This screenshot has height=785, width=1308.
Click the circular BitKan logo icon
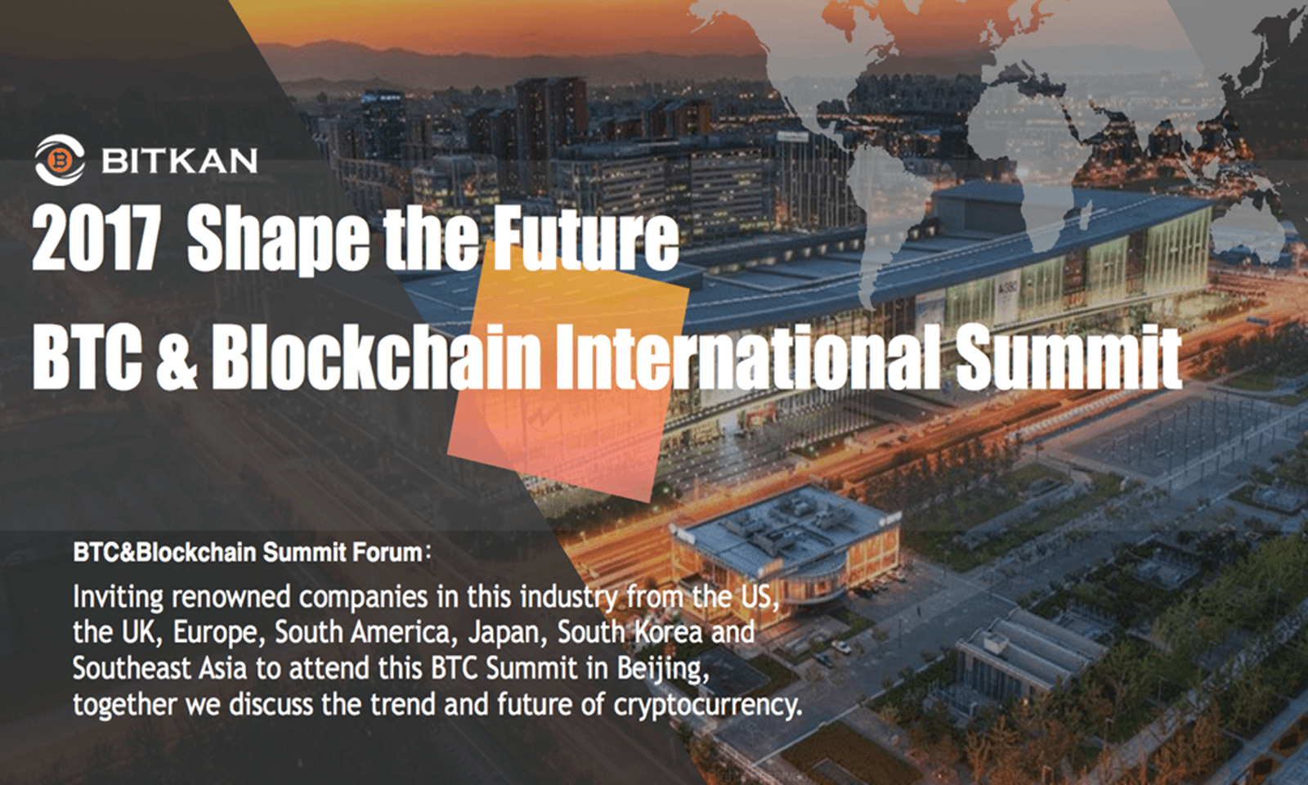[60, 160]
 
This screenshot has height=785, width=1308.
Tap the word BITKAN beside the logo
[179, 161]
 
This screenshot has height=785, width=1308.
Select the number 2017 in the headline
[95, 240]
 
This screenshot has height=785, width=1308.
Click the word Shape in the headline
[278, 240]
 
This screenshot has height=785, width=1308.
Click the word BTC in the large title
[87, 357]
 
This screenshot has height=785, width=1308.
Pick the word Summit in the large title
[1068, 357]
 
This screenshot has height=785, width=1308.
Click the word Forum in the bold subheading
[387, 553]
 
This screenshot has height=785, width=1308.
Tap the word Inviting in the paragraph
[119, 597]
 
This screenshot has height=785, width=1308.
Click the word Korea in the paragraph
[669, 632]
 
